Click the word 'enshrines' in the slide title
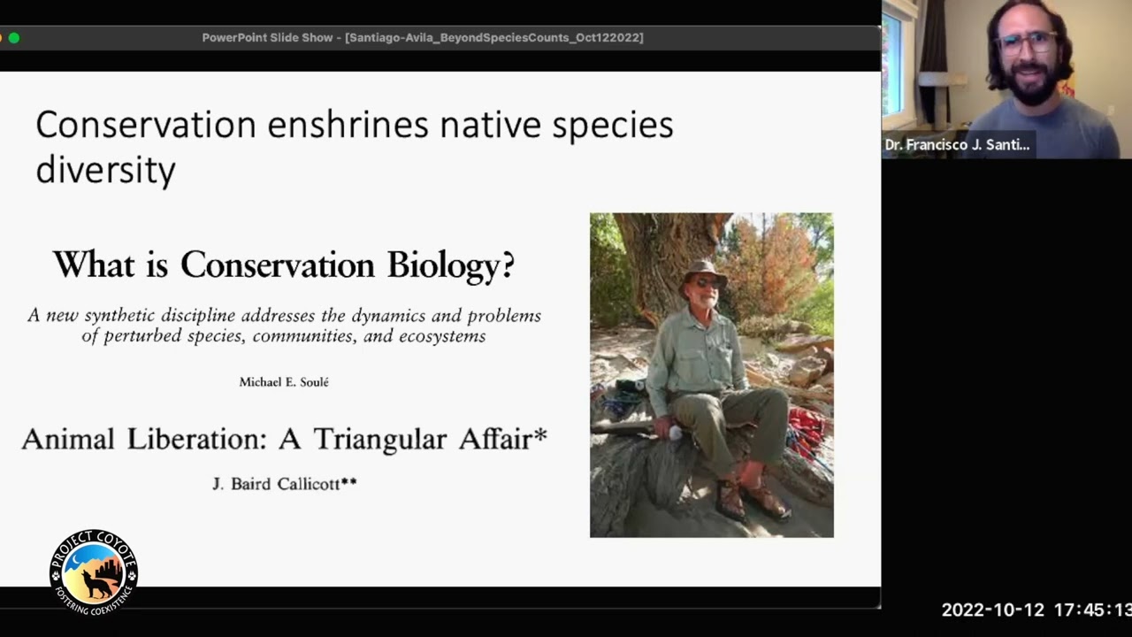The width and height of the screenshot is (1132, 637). pyautogui.click(x=348, y=125)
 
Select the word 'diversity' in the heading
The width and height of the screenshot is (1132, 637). pyautogui.click(x=105, y=169)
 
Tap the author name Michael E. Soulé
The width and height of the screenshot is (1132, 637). pyautogui.click(x=284, y=382)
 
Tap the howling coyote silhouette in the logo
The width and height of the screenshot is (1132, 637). pyautogui.click(x=96, y=583)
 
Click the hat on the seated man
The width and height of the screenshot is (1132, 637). pyautogui.click(x=704, y=269)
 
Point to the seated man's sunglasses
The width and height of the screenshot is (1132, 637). pyautogui.click(x=707, y=282)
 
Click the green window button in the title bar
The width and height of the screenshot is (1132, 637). pyautogui.click(x=14, y=38)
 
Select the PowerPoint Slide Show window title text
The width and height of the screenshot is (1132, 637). pyautogui.click(x=422, y=38)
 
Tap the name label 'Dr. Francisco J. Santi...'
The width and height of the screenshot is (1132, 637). pyautogui.click(x=957, y=145)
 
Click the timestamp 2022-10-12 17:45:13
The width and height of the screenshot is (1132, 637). pyautogui.click(x=1036, y=610)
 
